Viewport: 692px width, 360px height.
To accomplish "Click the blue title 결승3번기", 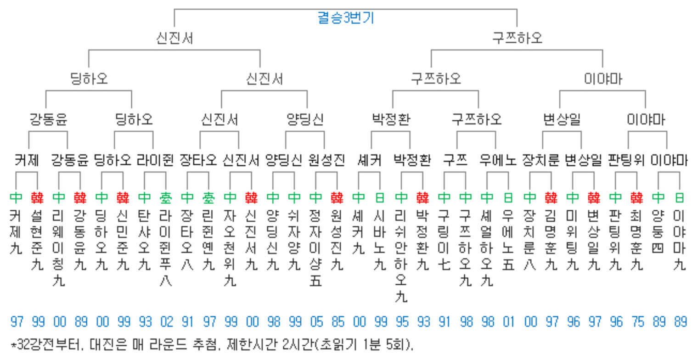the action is [x=346, y=18].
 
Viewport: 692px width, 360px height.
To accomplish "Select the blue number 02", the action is [x=167, y=322].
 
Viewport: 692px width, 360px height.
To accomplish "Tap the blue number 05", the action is [x=316, y=322].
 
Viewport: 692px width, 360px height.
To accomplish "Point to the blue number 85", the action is [x=338, y=322].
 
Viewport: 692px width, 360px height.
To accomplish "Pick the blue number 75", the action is [x=638, y=322].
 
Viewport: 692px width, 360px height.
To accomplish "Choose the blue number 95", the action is [x=402, y=322].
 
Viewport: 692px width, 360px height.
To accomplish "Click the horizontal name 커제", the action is [x=27, y=160].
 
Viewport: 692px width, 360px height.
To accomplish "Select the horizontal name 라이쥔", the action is [x=155, y=160].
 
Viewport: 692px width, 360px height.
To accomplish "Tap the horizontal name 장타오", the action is [x=198, y=160].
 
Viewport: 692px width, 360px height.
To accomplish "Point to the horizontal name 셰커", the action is [x=370, y=160].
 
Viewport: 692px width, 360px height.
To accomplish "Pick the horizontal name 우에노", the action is [x=498, y=160].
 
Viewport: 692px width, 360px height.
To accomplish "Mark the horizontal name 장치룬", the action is [x=540, y=160].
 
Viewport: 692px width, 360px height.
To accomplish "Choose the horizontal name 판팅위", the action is [x=626, y=160].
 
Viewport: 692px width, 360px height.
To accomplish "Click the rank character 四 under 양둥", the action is [x=658, y=248].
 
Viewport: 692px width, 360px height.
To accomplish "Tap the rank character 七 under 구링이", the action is [x=444, y=264].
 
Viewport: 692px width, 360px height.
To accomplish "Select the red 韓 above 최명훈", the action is [x=637, y=198].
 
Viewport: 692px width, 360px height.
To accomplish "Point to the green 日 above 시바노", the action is [x=380, y=198].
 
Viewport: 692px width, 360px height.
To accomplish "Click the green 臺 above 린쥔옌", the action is [x=208, y=198].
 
